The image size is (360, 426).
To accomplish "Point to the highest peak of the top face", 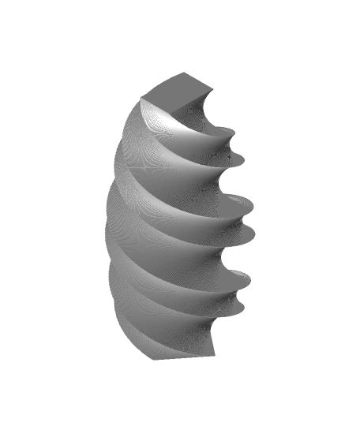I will pyautogui.click(x=187, y=73).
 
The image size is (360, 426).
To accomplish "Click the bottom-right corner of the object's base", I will pyautogui.click(x=214, y=357).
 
